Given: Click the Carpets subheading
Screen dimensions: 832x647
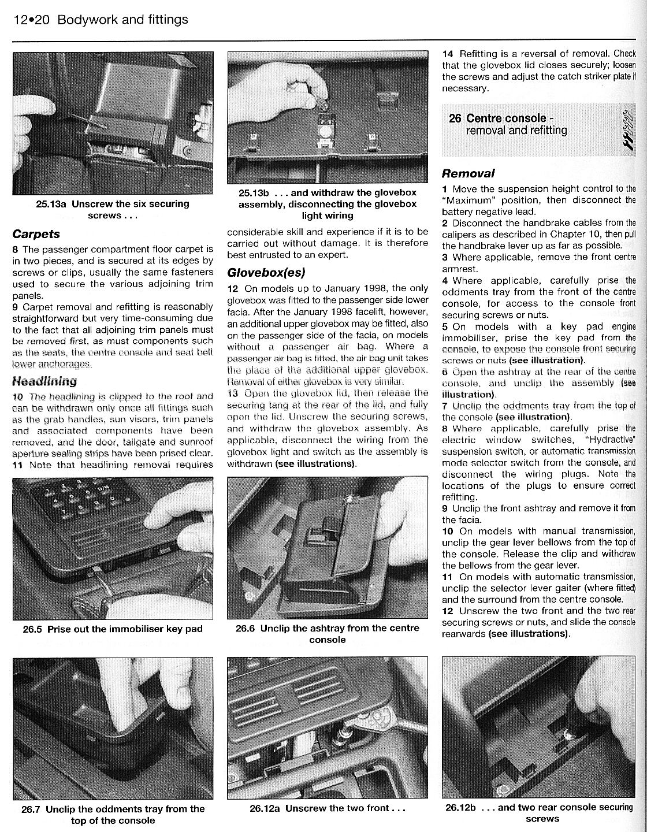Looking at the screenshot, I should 36,234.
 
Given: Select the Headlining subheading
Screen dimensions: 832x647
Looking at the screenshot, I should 44,381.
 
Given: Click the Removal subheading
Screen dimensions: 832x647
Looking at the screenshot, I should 468,173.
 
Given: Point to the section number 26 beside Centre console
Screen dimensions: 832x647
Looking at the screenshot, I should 455,118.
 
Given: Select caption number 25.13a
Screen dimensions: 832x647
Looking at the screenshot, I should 53,204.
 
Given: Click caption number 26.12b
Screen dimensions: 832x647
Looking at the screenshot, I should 460,807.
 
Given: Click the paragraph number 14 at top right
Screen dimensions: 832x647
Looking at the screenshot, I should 448,54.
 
